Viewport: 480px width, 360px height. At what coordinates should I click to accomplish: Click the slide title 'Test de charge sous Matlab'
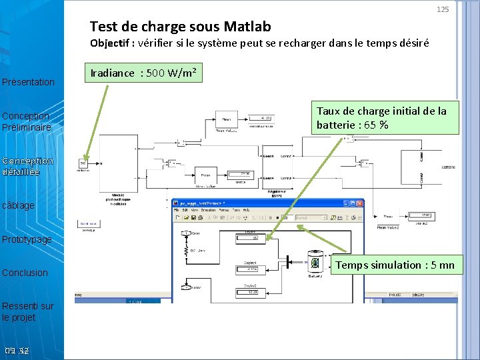180,27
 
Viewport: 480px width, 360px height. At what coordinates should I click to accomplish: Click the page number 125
443,9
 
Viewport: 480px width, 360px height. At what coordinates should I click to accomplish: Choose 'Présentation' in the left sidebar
29,82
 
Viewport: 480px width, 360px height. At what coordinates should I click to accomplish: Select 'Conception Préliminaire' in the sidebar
26,121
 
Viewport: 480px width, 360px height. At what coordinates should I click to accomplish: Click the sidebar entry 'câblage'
19,205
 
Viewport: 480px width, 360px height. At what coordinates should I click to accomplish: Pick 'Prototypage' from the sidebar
27,239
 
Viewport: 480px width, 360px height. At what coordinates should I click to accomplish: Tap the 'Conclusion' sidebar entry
25,273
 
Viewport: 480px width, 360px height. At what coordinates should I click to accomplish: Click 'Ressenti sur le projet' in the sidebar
28,311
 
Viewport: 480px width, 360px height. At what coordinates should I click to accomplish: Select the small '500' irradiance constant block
83,163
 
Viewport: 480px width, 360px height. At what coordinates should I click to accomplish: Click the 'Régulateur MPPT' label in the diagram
276,193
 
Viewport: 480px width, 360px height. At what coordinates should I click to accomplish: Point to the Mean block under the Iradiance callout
225,119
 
